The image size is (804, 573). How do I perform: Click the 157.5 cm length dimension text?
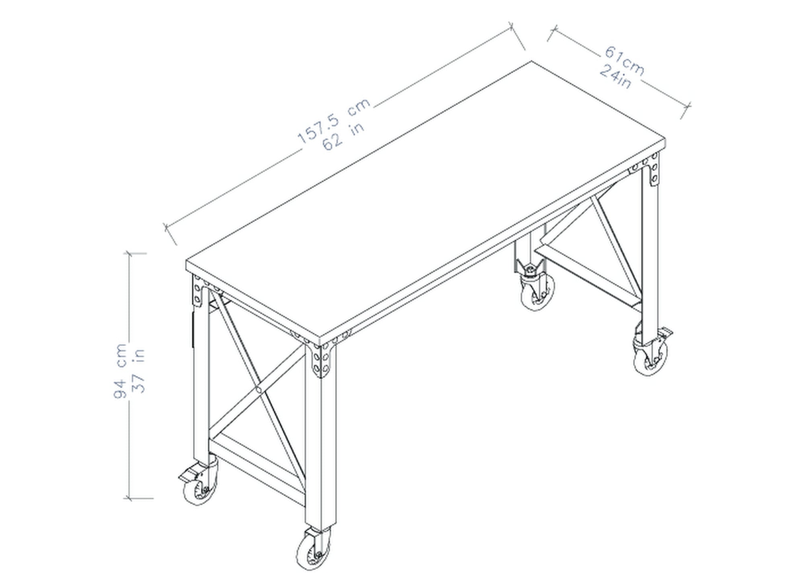[333, 121]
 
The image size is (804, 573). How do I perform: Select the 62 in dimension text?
[343, 137]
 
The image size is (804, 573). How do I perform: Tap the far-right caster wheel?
[650, 358]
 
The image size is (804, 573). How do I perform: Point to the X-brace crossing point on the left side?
[258, 389]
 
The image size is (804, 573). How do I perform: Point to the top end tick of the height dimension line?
[129, 254]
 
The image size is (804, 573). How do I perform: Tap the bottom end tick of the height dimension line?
[129, 498]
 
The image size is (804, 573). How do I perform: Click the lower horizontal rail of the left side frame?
[257, 466]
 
